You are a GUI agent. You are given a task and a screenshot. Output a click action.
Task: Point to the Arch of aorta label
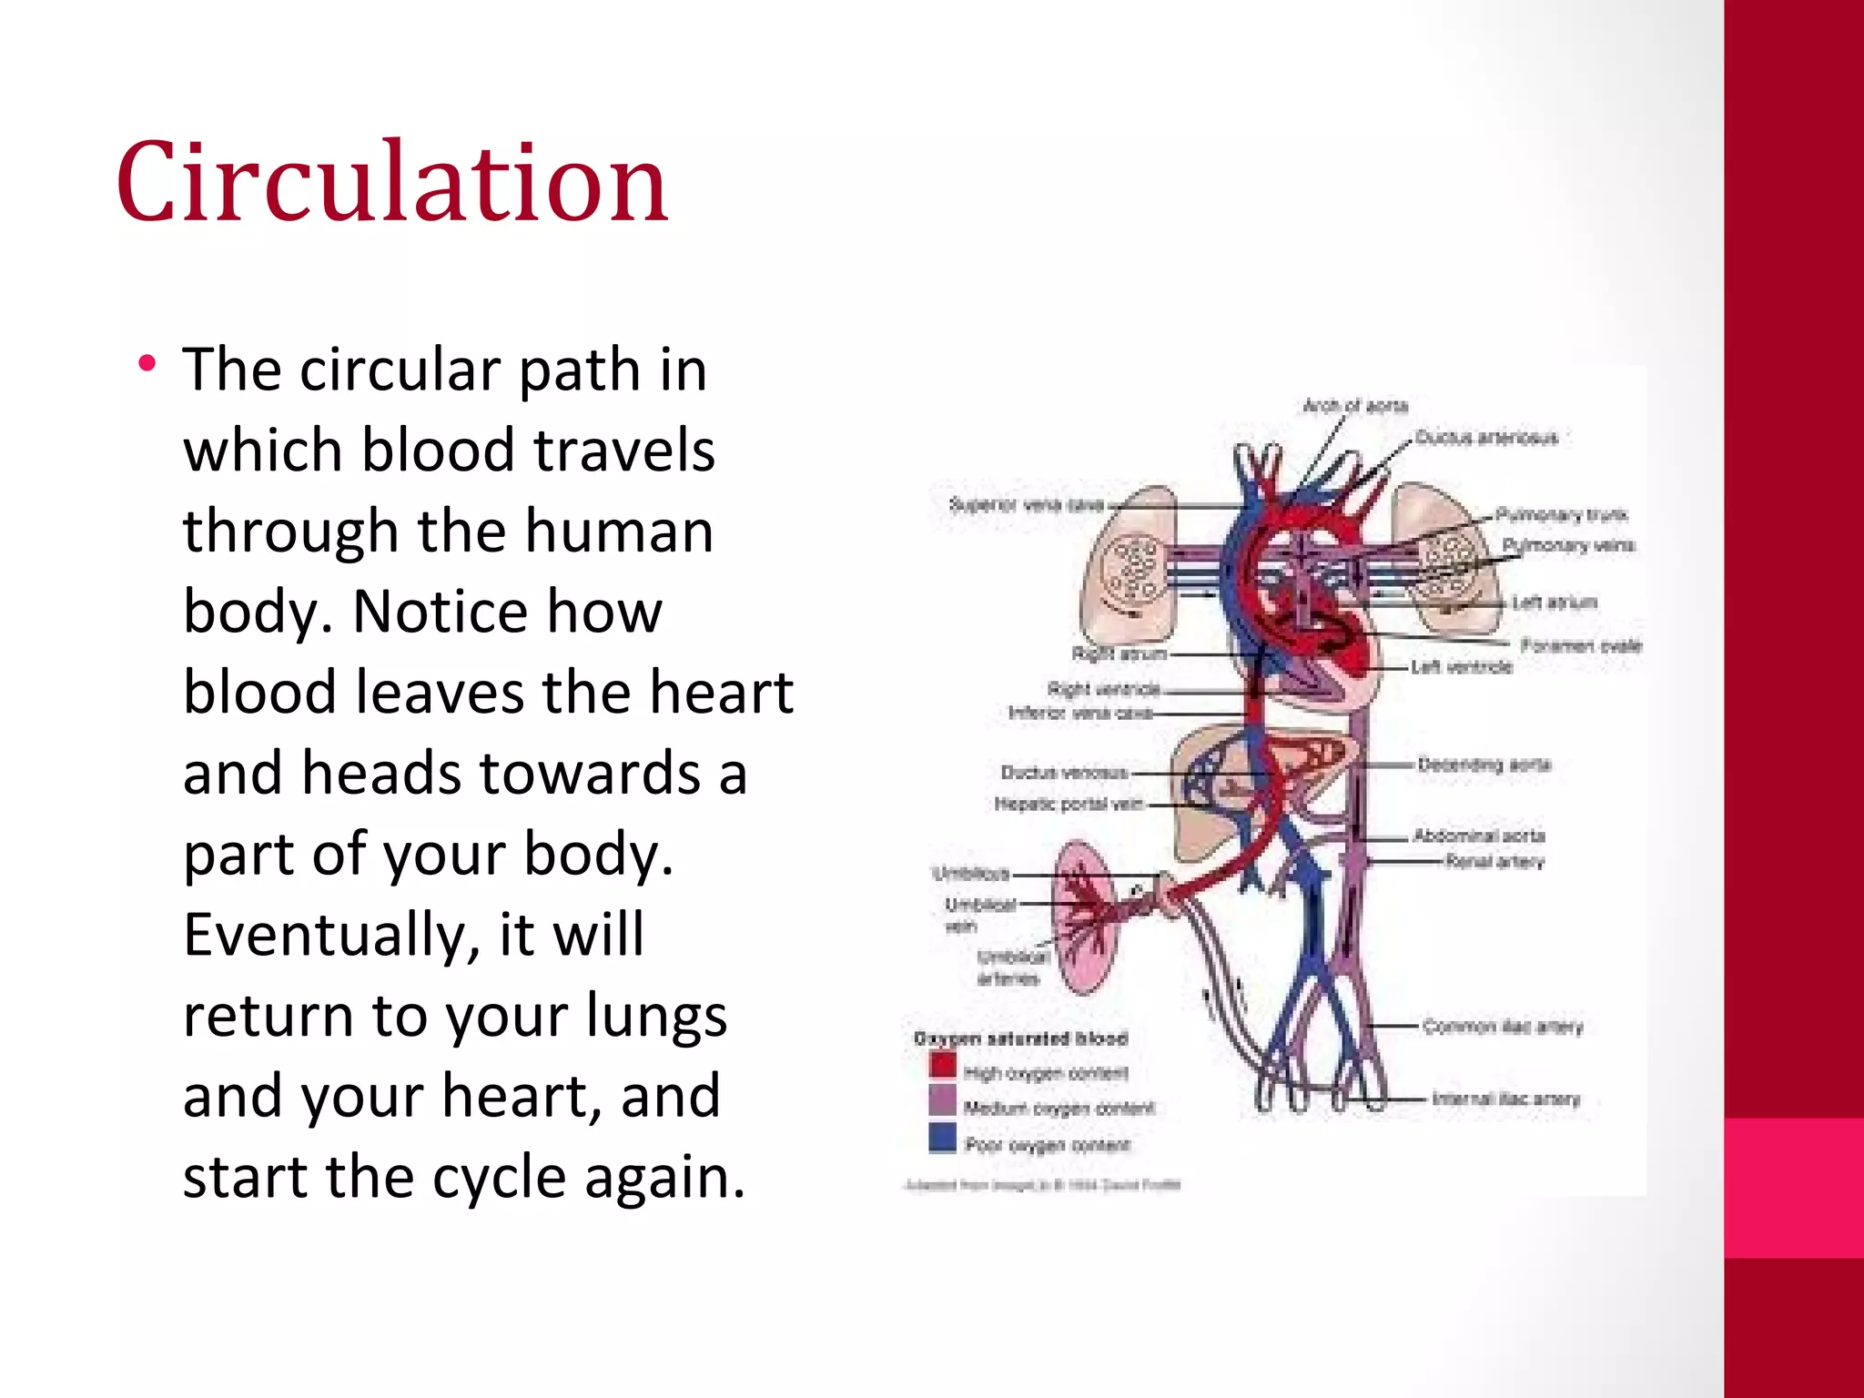pyautogui.click(x=1355, y=406)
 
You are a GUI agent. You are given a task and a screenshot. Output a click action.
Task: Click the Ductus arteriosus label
pyautogui.click(x=1486, y=438)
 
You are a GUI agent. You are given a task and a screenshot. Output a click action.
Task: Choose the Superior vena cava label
pyautogui.click(x=1026, y=504)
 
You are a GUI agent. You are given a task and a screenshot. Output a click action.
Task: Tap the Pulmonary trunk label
pyautogui.click(x=1562, y=515)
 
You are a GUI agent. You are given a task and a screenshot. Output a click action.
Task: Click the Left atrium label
pyautogui.click(x=1555, y=603)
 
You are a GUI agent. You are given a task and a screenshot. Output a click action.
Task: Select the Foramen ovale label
pyautogui.click(x=1581, y=646)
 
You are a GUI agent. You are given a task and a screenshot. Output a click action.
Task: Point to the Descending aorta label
pyautogui.click(x=1484, y=765)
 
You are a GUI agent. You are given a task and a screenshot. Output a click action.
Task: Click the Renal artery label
pyautogui.click(x=1495, y=862)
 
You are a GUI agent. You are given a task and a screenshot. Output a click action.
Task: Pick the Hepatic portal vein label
pyautogui.click(x=1069, y=804)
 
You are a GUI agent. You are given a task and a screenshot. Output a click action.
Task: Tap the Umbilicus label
pyautogui.click(x=971, y=874)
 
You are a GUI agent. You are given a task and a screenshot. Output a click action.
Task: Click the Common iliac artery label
pyautogui.click(x=1503, y=1027)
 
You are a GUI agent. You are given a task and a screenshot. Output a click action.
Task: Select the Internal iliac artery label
pyautogui.click(x=1506, y=1099)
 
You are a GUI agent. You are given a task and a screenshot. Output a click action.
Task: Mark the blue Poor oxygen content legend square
pyautogui.click(x=943, y=1138)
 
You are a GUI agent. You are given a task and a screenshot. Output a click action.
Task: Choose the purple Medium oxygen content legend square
pyautogui.click(x=943, y=1100)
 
